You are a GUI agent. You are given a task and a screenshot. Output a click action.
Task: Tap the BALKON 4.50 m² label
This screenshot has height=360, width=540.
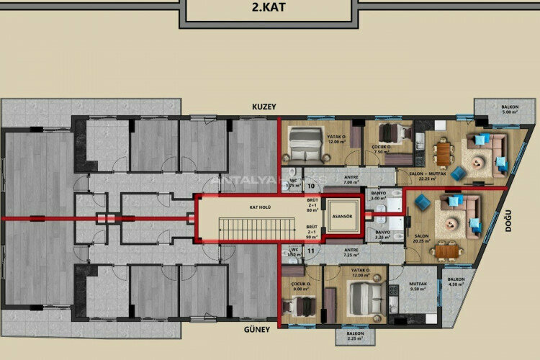[456, 282]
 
